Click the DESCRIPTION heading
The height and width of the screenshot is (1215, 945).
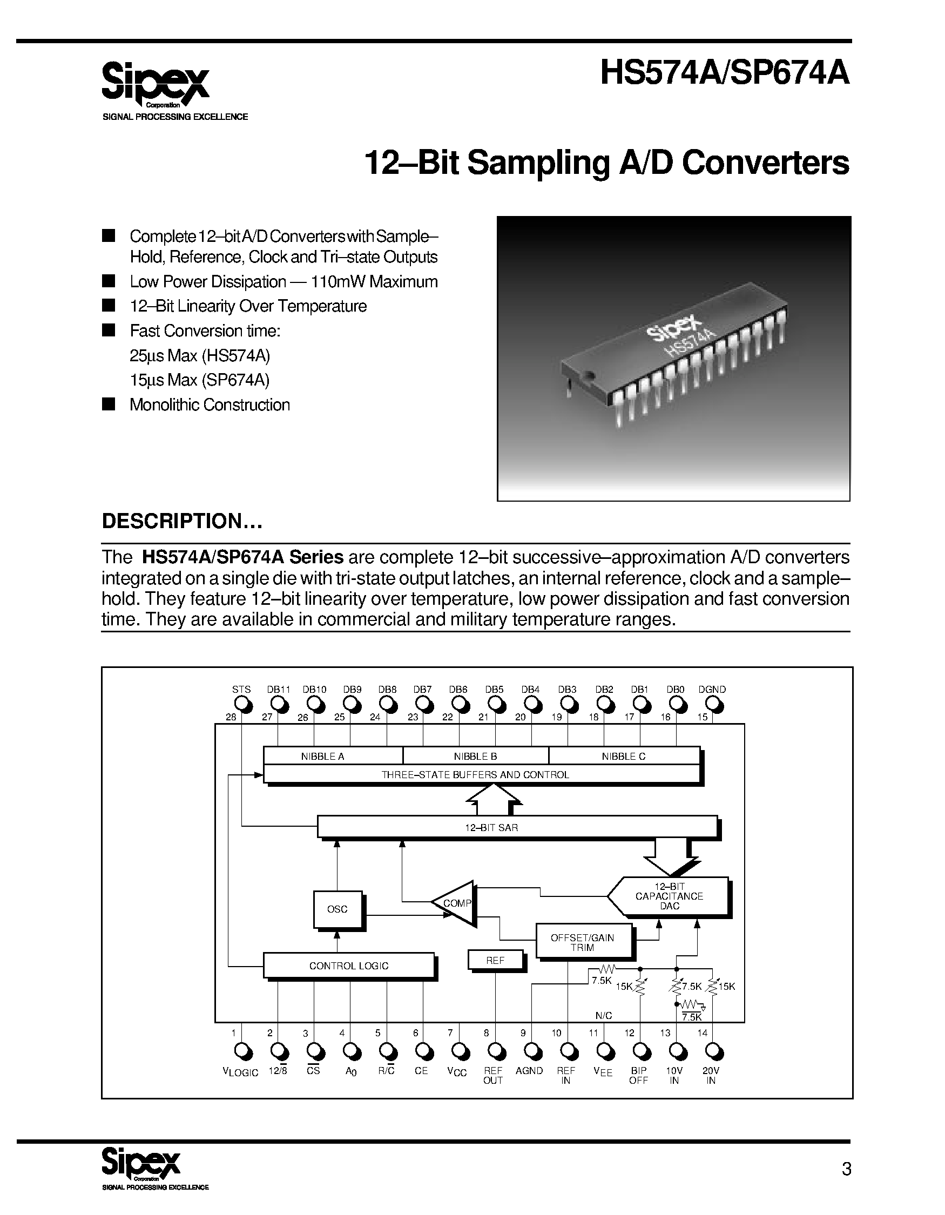click(181, 521)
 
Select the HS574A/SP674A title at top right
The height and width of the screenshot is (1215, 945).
click(725, 73)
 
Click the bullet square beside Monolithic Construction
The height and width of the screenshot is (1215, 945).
click(109, 404)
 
